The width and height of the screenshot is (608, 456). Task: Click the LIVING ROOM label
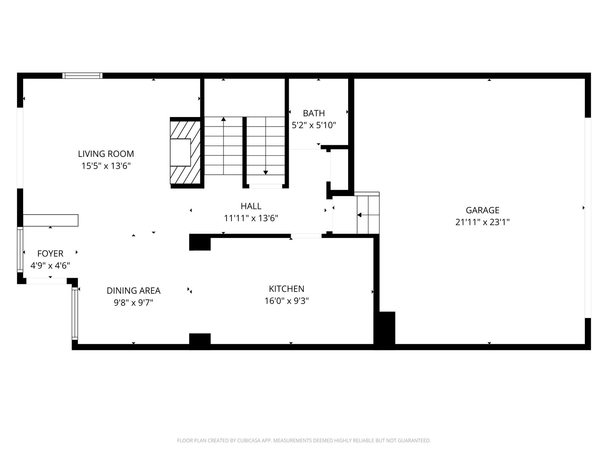106,154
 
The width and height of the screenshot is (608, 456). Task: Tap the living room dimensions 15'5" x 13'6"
106,166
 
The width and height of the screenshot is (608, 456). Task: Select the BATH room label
313,113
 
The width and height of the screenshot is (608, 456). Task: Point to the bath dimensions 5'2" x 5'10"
313,125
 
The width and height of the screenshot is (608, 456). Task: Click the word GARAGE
482,210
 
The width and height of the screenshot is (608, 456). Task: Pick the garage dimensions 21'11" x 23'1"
482,222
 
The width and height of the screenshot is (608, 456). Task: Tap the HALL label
251,206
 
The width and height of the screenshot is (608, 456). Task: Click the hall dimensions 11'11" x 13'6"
251,218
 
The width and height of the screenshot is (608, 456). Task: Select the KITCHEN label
287,289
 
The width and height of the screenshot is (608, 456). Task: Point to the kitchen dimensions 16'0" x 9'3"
287,301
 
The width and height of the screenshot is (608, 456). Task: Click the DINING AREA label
133,291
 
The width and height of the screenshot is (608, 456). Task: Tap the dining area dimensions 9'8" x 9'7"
133,302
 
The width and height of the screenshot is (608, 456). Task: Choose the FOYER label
50,253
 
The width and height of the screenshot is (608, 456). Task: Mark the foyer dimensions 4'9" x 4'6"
50,266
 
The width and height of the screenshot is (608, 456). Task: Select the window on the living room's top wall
82,76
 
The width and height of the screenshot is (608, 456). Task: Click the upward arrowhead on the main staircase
223,119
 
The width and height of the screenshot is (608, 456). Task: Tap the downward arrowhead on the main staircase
266,173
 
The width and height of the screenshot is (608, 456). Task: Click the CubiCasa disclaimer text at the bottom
304,440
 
